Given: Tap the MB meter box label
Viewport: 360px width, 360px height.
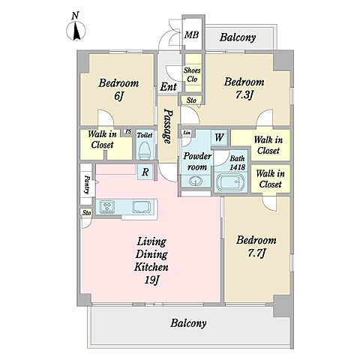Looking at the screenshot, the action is coord(192,34).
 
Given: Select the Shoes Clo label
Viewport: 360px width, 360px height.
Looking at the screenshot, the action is coord(192,75).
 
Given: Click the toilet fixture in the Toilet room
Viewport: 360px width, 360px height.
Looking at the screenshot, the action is coord(145,151).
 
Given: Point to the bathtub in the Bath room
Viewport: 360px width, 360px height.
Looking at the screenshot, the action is coord(230,182).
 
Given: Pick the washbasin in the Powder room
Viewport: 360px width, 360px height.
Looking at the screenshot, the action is coord(196,181).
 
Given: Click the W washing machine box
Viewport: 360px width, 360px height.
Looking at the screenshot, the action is coord(219,137).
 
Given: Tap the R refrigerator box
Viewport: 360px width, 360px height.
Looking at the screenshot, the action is coord(145,172).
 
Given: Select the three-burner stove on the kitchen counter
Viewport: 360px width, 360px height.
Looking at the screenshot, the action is coord(107,207).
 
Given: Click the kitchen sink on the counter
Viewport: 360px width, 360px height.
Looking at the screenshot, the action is coord(142,207).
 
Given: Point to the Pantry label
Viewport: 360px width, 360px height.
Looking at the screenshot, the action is coord(87,184).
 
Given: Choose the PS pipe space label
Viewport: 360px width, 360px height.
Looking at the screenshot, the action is coord(128,131).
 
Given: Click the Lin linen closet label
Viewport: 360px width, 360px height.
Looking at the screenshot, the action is coord(187,133).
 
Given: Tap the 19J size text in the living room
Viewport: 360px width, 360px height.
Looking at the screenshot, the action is coord(152,280).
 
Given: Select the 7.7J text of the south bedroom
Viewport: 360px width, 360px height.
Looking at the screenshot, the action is coord(256,253).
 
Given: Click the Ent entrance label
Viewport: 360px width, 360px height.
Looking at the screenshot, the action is coord(169,87).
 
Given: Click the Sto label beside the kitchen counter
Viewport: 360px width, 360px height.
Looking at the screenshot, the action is coord(87,213).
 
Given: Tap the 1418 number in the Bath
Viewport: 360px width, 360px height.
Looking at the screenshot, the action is coord(238,167).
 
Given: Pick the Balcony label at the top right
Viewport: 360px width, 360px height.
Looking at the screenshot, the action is coord(238,37).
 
